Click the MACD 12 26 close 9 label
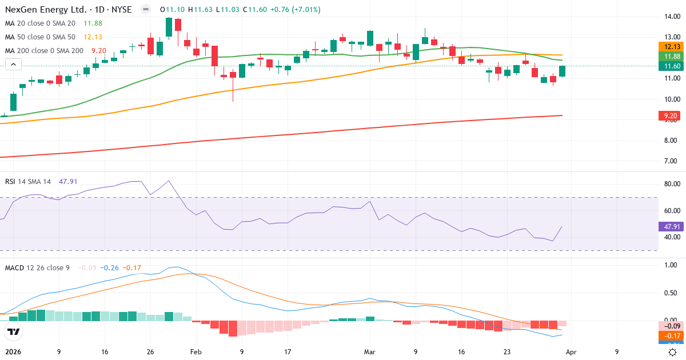tap(37, 268)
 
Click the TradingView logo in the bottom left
tap(14, 331)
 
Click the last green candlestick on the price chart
tap(562, 71)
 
